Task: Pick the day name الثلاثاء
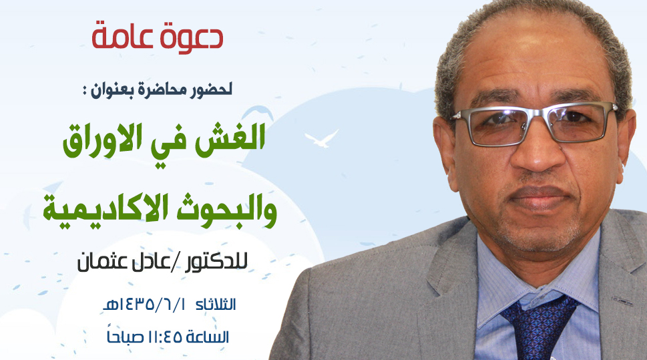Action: (216, 305)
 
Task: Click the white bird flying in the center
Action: (321, 138)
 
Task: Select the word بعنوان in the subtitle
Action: (113, 90)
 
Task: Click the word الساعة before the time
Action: (207, 337)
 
